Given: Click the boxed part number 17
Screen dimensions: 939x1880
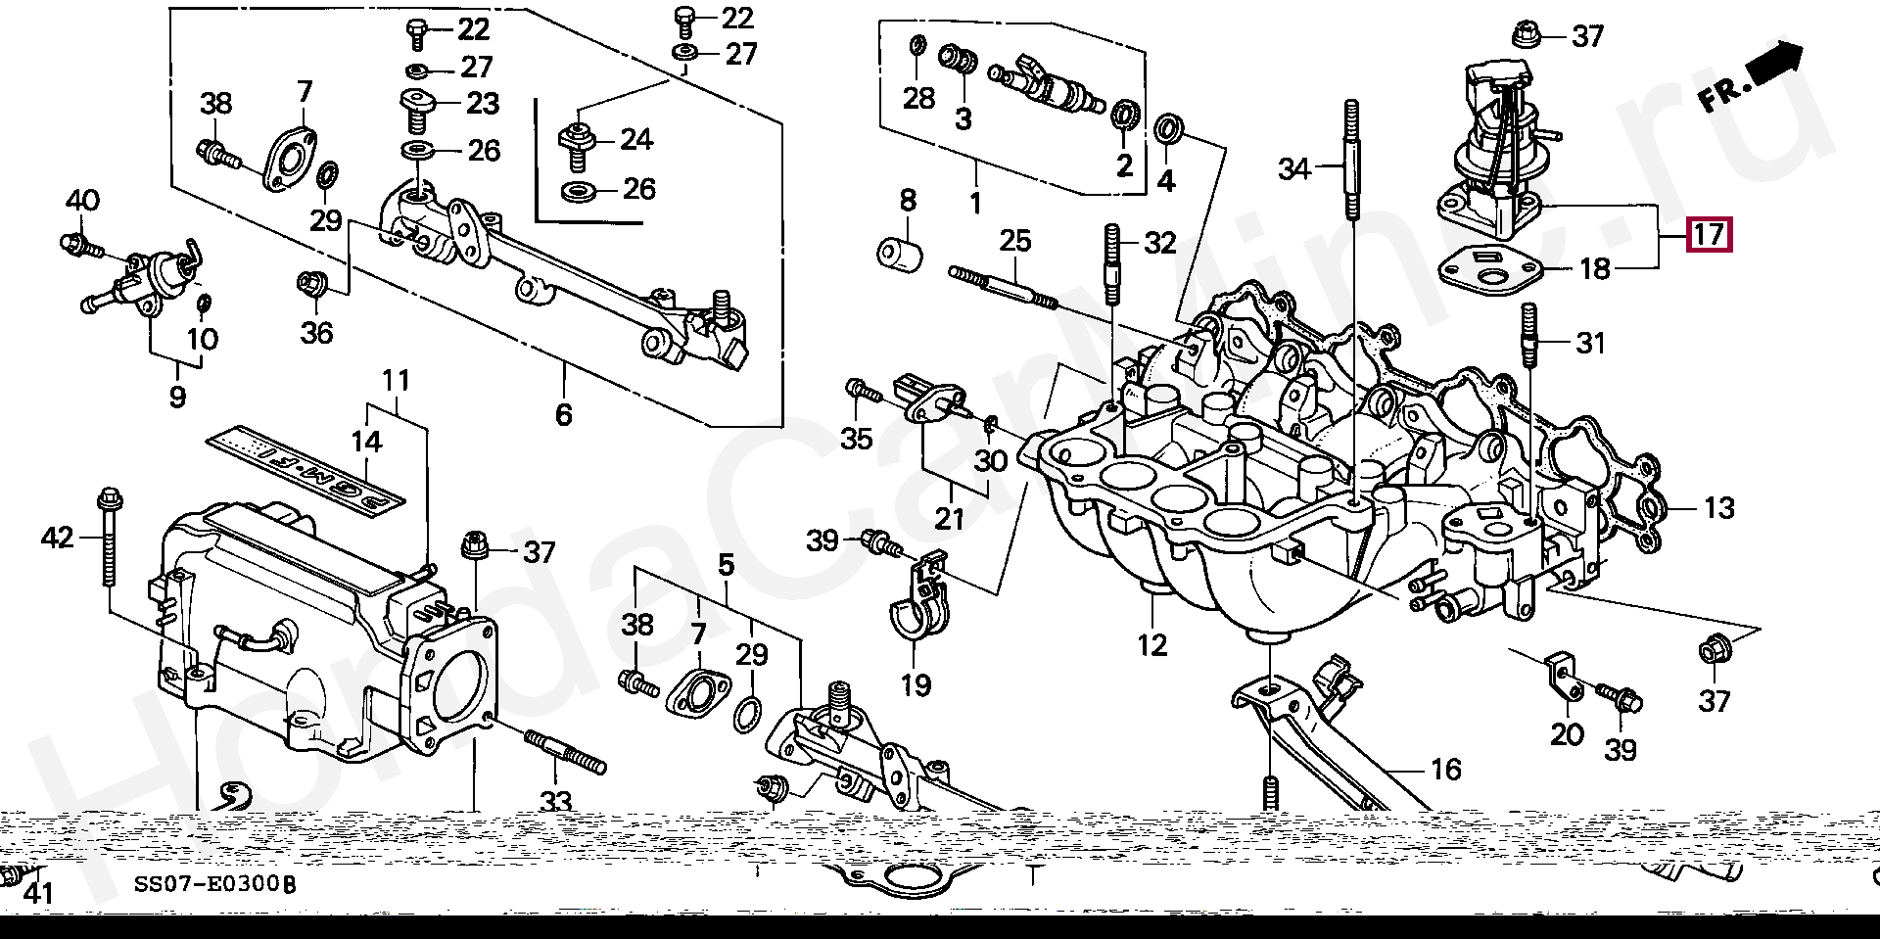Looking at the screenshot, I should point(1708,235).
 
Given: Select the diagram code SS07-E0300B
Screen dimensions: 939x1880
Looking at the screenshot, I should point(214,886).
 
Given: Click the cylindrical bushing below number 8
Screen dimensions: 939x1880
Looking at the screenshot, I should point(900,255).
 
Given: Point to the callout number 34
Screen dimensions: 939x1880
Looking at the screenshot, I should point(1293,170).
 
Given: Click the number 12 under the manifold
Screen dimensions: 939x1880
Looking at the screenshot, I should point(1152,646).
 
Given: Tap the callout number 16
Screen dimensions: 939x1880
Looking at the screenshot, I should point(1445,770).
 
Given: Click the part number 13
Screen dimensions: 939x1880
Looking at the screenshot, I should point(1718,508).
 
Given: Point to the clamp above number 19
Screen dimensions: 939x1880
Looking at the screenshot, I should point(916,602).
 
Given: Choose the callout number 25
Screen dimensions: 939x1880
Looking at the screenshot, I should point(1015,240).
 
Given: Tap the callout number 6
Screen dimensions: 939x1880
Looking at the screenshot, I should point(563,415).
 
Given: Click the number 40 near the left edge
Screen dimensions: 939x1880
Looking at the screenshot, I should point(82,202).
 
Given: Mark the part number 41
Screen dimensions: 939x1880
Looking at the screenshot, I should point(37,892).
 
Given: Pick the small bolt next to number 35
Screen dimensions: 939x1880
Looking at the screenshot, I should point(863,391).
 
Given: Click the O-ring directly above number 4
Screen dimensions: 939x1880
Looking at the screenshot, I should point(1167,129).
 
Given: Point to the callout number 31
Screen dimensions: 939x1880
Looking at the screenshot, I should point(1590,344).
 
